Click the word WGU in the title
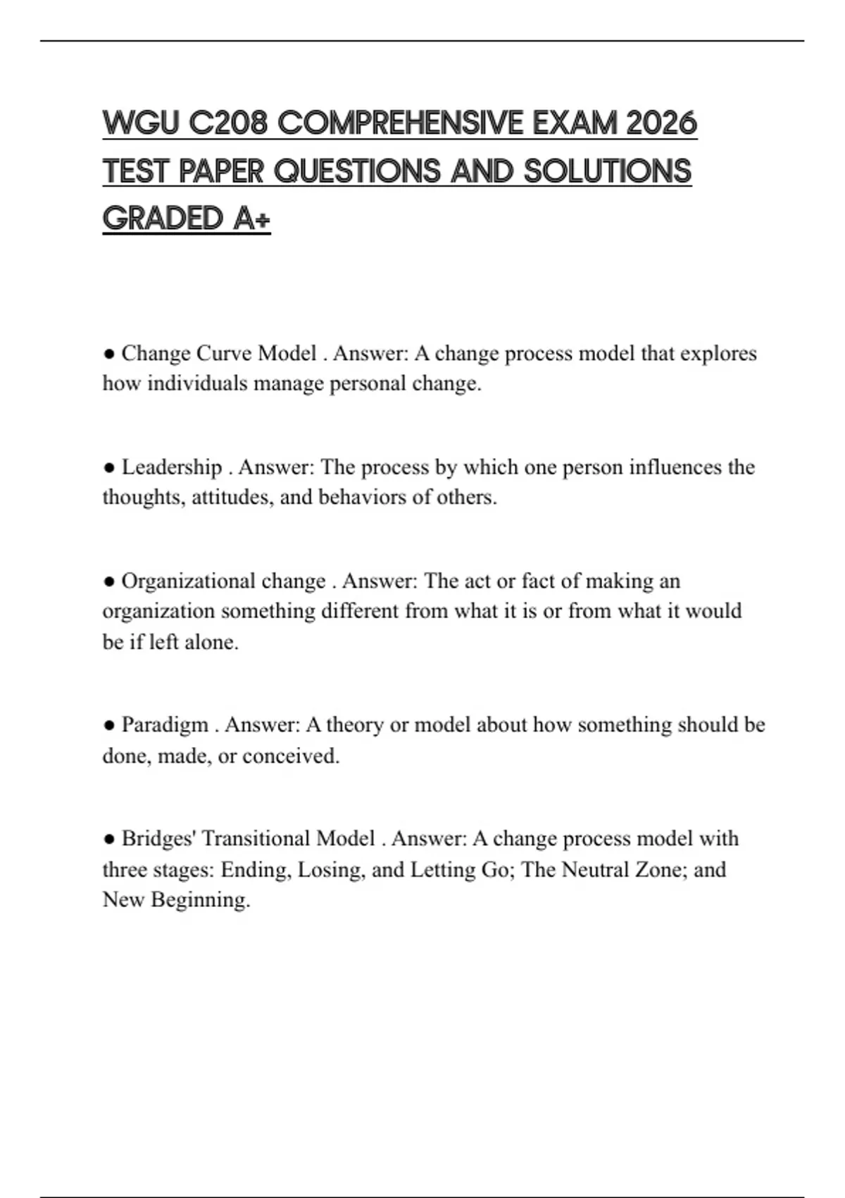[140, 123]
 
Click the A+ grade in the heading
[251, 218]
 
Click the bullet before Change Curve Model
[109, 354]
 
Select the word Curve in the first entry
[224, 353]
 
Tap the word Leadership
[172, 467]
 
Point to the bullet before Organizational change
[109, 581]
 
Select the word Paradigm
[165, 724]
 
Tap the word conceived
[291, 756]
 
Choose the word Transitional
[256, 839]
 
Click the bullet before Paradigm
[109, 724]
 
